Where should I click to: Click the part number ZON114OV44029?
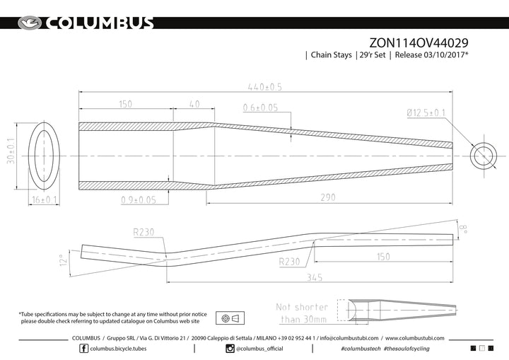(419, 42)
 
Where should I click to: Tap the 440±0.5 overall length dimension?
(265, 87)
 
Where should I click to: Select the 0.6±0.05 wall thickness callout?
(260, 108)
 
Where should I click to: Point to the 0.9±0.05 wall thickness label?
(139, 200)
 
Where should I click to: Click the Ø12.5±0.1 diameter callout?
(426, 112)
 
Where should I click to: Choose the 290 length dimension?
(328, 197)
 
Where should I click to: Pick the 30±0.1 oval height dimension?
(11, 151)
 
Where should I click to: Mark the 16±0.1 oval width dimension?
(44, 199)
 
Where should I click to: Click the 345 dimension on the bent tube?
(315, 277)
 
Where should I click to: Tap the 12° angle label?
(64, 260)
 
